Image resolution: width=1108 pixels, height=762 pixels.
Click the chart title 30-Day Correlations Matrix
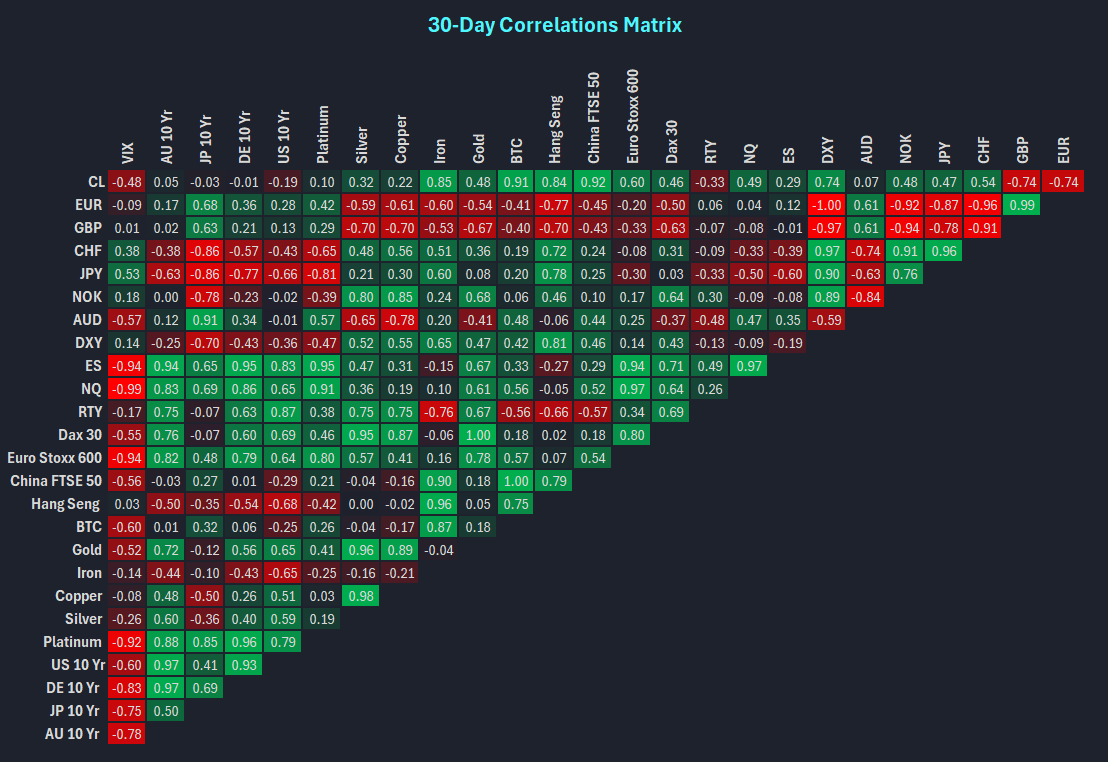(554, 24)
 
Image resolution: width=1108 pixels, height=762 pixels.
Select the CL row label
(95, 182)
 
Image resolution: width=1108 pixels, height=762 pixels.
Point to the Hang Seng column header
(556, 130)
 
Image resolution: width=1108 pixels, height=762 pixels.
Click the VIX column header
(127, 152)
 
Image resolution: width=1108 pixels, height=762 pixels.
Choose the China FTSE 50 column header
(595, 118)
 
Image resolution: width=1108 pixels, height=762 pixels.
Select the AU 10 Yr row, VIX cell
(127, 734)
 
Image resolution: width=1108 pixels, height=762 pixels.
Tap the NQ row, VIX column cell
(127, 389)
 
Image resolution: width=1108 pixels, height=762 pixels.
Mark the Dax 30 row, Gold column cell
(478, 435)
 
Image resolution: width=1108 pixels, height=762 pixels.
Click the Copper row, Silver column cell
(361, 596)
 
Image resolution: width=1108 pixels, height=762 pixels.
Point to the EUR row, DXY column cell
(828, 205)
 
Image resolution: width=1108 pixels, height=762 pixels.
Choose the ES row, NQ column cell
(750, 366)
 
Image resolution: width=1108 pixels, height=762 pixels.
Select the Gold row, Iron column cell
(439, 550)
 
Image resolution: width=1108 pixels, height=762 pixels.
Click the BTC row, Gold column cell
(478, 527)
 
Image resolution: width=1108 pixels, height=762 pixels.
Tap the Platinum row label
(72, 642)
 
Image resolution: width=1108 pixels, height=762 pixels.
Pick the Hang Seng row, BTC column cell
(517, 504)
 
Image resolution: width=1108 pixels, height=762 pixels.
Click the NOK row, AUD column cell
(867, 297)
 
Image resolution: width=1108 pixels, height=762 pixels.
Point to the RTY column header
(711, 151)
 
